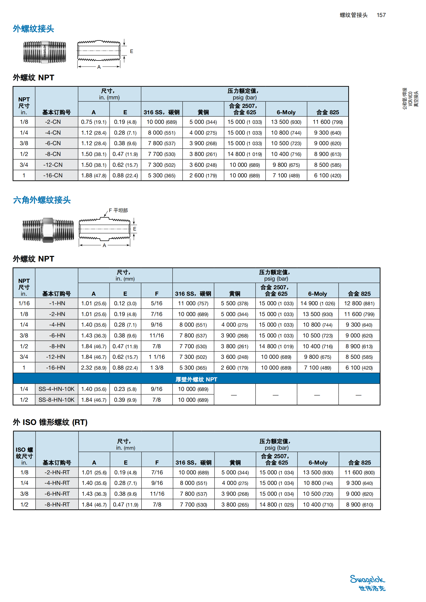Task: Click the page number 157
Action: [x=381, y=15]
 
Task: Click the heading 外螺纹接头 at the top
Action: [x=33, y=29]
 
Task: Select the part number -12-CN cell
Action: [x=53, y=165]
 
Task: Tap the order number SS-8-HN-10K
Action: [x=56, y=400]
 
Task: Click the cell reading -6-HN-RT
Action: [x=57, y=494]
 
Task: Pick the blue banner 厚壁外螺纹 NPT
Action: [x=196, y=379]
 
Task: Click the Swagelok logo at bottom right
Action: [x=368, y=583]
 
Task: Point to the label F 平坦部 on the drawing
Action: [x=118, y=210]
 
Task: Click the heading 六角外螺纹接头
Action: [x=42, y=200]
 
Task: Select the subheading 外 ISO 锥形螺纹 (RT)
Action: [x=50, y=422]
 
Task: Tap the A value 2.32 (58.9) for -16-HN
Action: [x=94, y=368]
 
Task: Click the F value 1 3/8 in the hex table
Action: [x=157, y=368]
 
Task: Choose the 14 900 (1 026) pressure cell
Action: [x=317, y=303]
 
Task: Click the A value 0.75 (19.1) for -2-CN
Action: [x=94, y=122]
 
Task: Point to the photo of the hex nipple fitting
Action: [x=48, y=230]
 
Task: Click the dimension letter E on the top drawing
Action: [x=131, y=51]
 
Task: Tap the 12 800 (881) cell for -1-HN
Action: [x=359, y=303]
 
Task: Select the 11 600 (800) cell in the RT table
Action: [x=359, y=473]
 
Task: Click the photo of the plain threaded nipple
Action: [x=44, y=52]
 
